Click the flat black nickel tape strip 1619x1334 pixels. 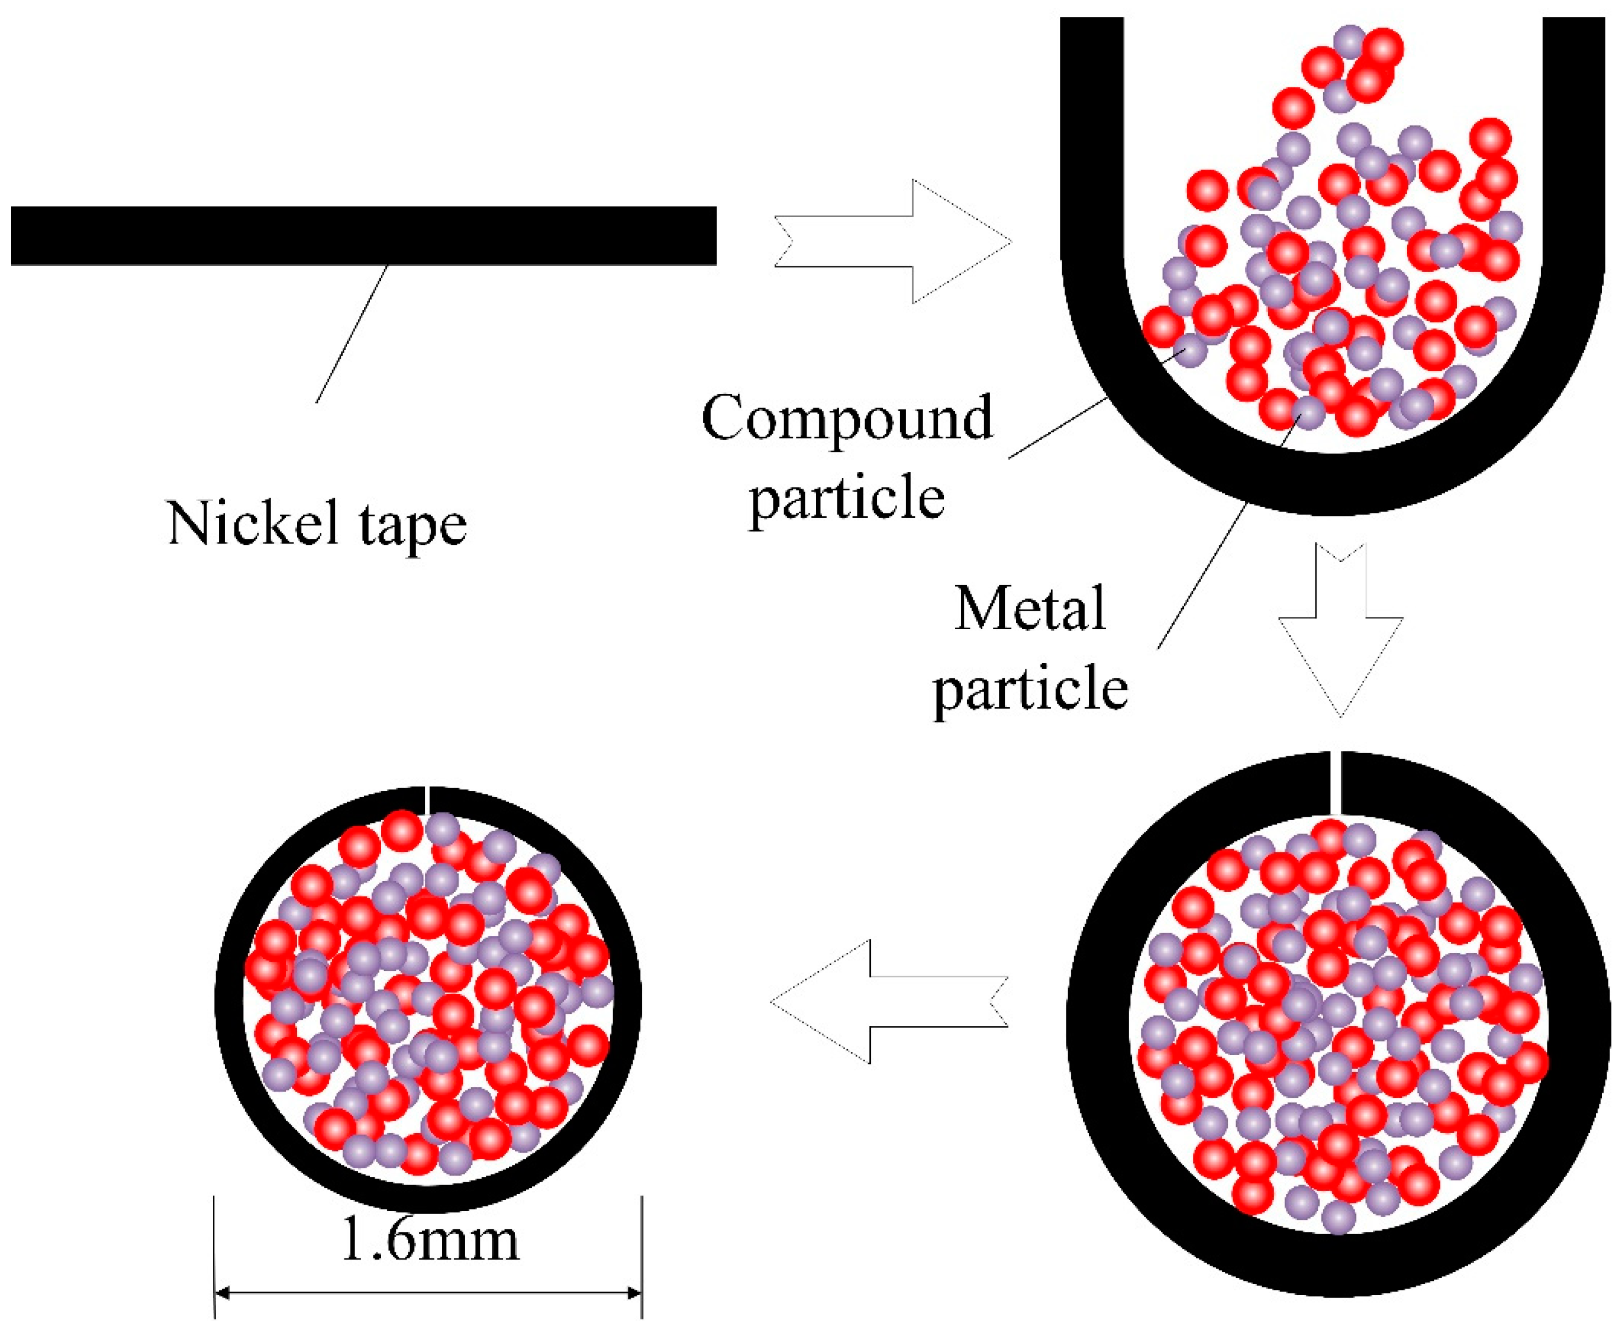(x=363, y=235)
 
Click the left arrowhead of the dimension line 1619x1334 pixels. (x=223, y=1293)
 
